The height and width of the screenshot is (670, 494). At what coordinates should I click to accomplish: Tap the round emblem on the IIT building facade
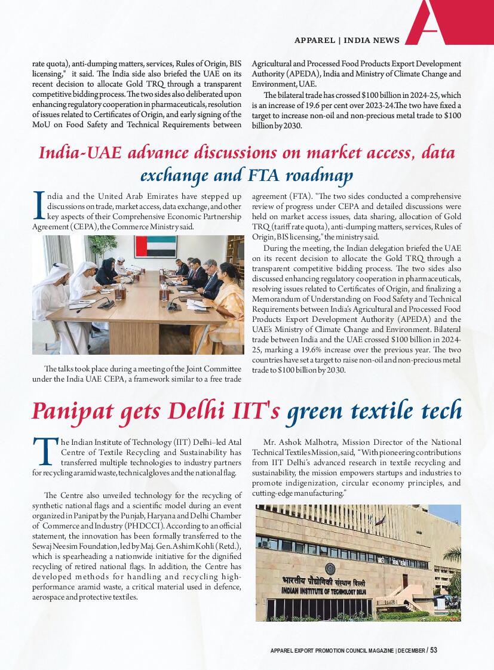[x=330, y=567]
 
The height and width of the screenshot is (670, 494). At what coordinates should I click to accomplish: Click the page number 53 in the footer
[x=434, y=650]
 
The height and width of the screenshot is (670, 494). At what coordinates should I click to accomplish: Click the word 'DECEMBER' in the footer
[x=411, y=650]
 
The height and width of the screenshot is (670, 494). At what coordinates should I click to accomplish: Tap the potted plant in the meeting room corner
[x=95, y=248]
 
